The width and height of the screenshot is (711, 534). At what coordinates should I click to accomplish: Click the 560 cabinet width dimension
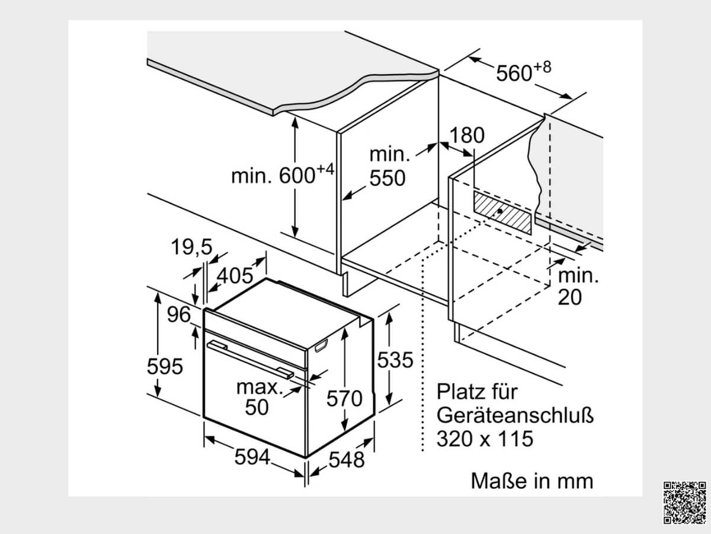click(523, 71)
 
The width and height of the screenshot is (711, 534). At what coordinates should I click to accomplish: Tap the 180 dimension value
click(467, 135)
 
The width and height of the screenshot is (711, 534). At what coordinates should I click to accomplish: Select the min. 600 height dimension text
click(283, 174)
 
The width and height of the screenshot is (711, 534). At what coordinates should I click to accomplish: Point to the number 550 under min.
click(387, 178)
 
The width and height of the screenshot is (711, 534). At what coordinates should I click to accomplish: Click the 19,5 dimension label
click(191, 247)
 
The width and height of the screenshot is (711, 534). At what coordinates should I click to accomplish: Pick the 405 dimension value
click(235, 275)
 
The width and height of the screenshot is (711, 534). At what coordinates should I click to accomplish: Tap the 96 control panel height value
click(179, 314)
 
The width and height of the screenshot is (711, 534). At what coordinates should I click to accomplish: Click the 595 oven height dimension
click(165, 366)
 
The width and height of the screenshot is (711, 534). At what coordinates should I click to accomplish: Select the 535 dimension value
click(395, 360)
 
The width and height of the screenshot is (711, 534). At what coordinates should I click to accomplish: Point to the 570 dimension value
click(344, 398)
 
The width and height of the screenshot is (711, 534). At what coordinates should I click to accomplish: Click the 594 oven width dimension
click(252, 457)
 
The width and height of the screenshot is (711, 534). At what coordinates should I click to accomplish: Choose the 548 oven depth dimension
click(347, 459)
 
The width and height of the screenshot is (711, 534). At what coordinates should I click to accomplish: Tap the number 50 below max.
click(257, 407)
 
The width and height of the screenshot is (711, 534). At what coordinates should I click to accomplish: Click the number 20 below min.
click(570, 297)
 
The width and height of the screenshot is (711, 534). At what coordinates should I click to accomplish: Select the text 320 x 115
click(485, 438)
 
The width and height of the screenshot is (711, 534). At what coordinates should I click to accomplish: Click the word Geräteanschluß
click(515, 415)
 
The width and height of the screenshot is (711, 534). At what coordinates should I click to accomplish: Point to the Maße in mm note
click(532, 481)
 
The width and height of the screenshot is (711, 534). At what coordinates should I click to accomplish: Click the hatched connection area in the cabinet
click(502, 212)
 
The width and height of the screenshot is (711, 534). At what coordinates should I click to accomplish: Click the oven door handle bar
click(250, 360)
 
